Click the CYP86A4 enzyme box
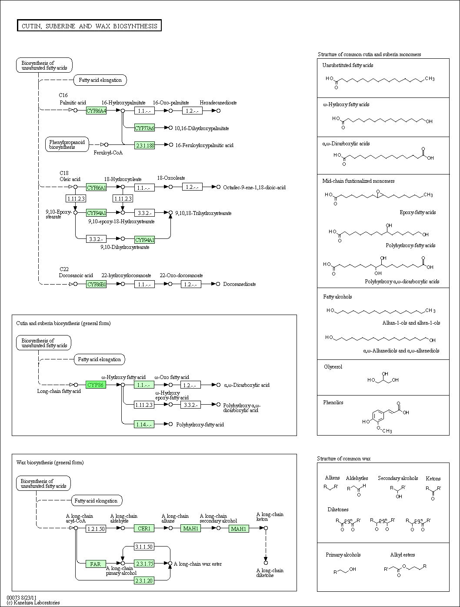[x=96, y=111]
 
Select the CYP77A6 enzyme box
[x=144, y=128]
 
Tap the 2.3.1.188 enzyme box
[x=144, y=145]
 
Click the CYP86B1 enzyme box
[x=96, y=284]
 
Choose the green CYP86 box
[x=96, y=385]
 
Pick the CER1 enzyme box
[x=144, y=528]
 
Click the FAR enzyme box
[x=96, y=563]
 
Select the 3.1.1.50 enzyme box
[x=144, y=547]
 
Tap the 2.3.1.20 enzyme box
[x=144, y=580]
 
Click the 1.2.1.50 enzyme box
[x=96, y=529]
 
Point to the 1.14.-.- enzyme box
[x=144, y=424]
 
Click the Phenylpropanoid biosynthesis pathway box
[x=67, y=144]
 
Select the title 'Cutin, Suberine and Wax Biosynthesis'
[x=89, y=26]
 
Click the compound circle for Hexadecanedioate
[x=219, y=111]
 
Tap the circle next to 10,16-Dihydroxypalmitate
[x=171, y=128]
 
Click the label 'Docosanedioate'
[x=240, y=284]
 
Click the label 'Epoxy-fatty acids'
[x=418, y=212]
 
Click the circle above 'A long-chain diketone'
[x=266, y=563]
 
